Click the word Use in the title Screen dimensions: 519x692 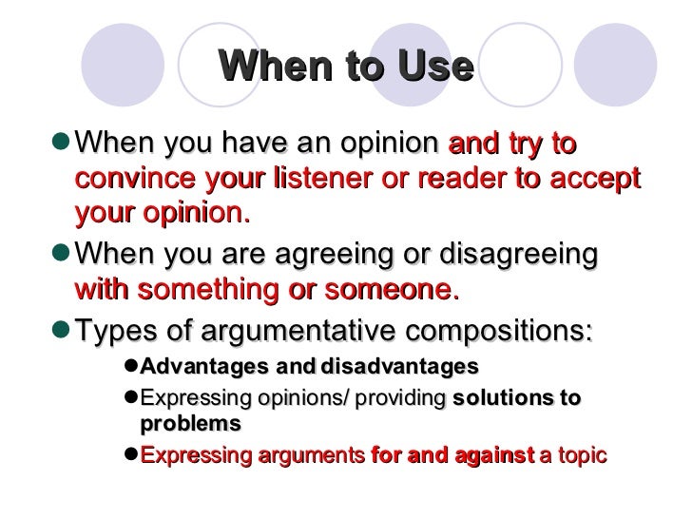pos(432,67)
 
